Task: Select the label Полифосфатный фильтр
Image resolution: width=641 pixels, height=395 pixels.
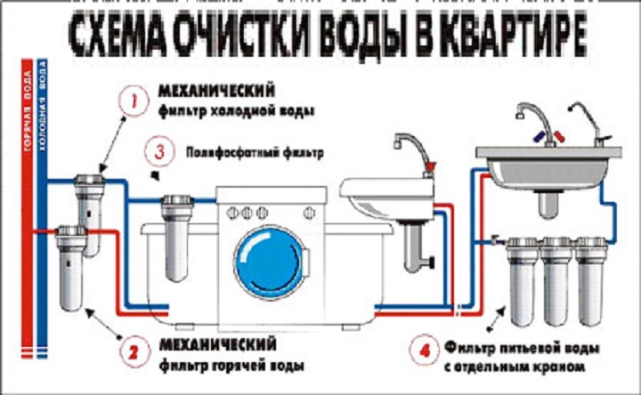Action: coord(240,152)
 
